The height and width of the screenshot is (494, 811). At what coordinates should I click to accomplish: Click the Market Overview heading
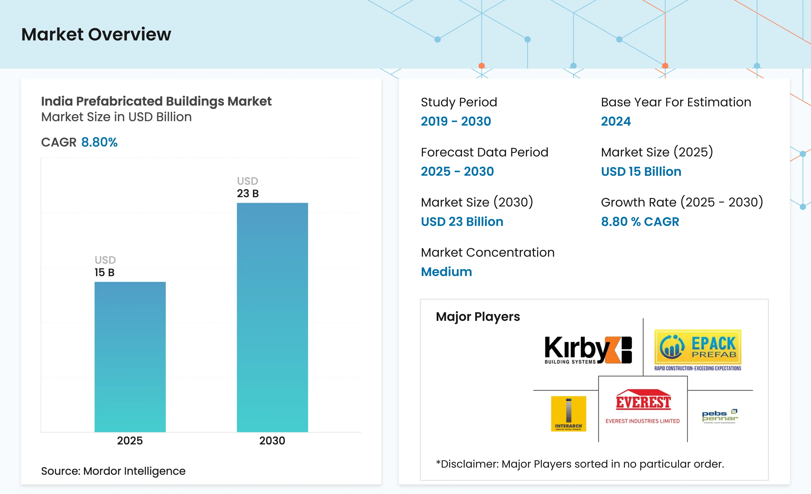(96, 34)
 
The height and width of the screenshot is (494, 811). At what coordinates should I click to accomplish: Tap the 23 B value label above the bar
(248, 193)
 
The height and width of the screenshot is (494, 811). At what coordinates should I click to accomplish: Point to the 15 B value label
(104, 272)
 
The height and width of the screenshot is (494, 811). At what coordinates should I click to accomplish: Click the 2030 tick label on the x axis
(272, 441)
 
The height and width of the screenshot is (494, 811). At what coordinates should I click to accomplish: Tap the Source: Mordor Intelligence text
(113, 471)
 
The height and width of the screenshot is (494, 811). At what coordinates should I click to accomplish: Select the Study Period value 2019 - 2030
(456, 121)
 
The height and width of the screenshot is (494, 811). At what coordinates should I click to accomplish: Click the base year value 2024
(615, 121)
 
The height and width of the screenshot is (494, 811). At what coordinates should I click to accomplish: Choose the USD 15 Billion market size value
(641, 172)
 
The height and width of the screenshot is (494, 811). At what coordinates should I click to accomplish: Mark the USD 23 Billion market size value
(462, 222)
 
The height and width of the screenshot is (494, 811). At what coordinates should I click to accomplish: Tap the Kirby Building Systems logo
(588, 350)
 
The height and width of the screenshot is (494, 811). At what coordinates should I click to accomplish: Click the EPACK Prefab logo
(697, 350)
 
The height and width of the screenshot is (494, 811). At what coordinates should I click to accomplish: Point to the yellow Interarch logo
(568, 414)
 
